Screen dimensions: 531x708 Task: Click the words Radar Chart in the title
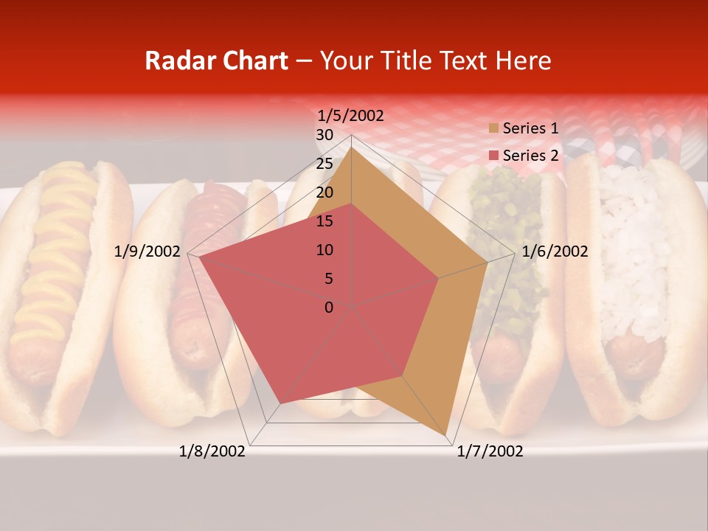[216, 60]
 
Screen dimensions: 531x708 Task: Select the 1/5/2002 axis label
[350, 116]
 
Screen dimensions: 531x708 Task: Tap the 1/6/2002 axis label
[555, 251]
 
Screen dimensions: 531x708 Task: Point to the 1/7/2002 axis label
[490, 451]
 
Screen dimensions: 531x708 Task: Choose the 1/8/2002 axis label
[212, 451]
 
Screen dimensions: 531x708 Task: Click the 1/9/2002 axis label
[147, 251]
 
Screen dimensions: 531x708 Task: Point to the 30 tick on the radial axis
[324, 135]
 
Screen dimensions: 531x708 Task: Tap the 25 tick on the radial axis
[324, 164]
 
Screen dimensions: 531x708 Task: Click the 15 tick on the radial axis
[324, 221]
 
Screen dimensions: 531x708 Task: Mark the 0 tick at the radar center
[329, 307]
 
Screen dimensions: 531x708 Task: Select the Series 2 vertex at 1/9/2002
[197, 256]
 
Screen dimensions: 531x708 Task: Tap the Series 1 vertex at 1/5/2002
[352, 146]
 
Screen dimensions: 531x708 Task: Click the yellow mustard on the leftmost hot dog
[55, 243]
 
